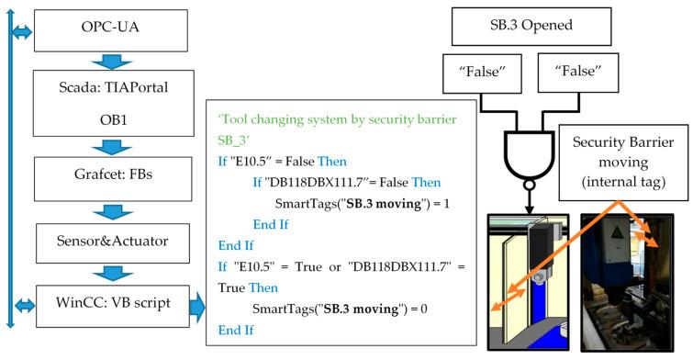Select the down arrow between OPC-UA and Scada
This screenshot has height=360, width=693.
pyautogui.click(x=114, y=62)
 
